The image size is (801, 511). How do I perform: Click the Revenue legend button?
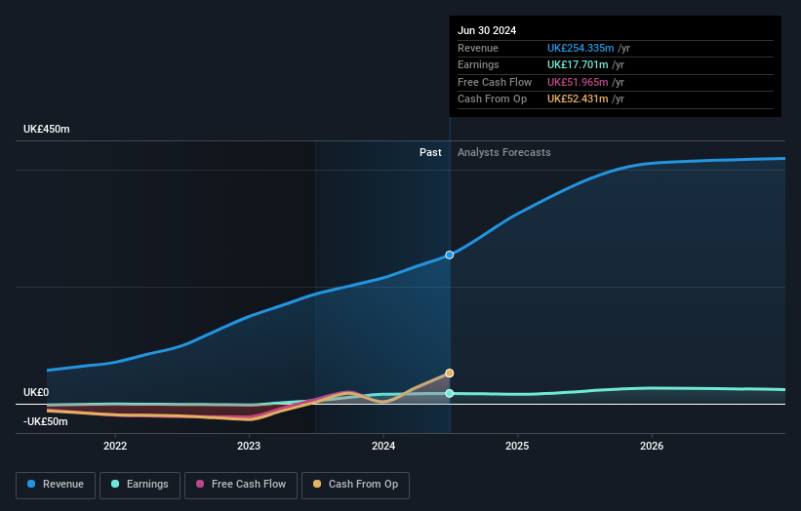56,484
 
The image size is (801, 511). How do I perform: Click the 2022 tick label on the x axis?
115,446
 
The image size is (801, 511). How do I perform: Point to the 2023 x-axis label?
249,446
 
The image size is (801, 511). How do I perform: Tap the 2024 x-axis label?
383,446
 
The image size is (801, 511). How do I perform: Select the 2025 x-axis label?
517,446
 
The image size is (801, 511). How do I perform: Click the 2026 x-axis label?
652,446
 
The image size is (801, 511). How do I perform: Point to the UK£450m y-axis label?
47,130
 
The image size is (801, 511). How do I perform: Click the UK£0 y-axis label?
36,392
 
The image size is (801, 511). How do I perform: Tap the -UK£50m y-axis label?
46,421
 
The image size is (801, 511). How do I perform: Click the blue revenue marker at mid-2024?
450,255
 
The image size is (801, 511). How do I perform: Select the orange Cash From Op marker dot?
450,373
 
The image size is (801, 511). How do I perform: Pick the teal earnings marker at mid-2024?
450,393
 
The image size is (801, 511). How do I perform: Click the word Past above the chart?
430,152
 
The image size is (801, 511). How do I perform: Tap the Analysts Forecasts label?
503,152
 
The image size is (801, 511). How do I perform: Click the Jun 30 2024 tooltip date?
487,30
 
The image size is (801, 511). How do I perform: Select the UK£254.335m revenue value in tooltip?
581,48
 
